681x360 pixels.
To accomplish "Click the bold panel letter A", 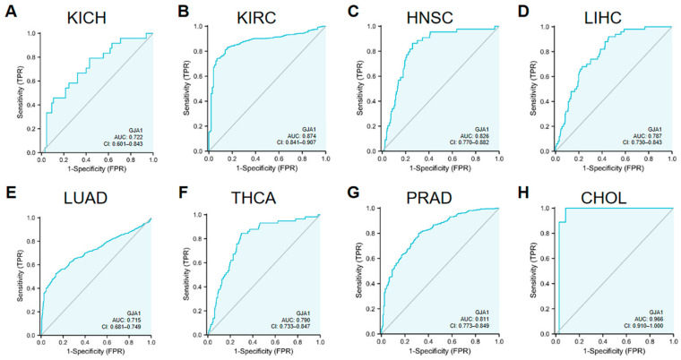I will point(10,11).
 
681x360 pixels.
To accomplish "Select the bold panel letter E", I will point(10,193).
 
